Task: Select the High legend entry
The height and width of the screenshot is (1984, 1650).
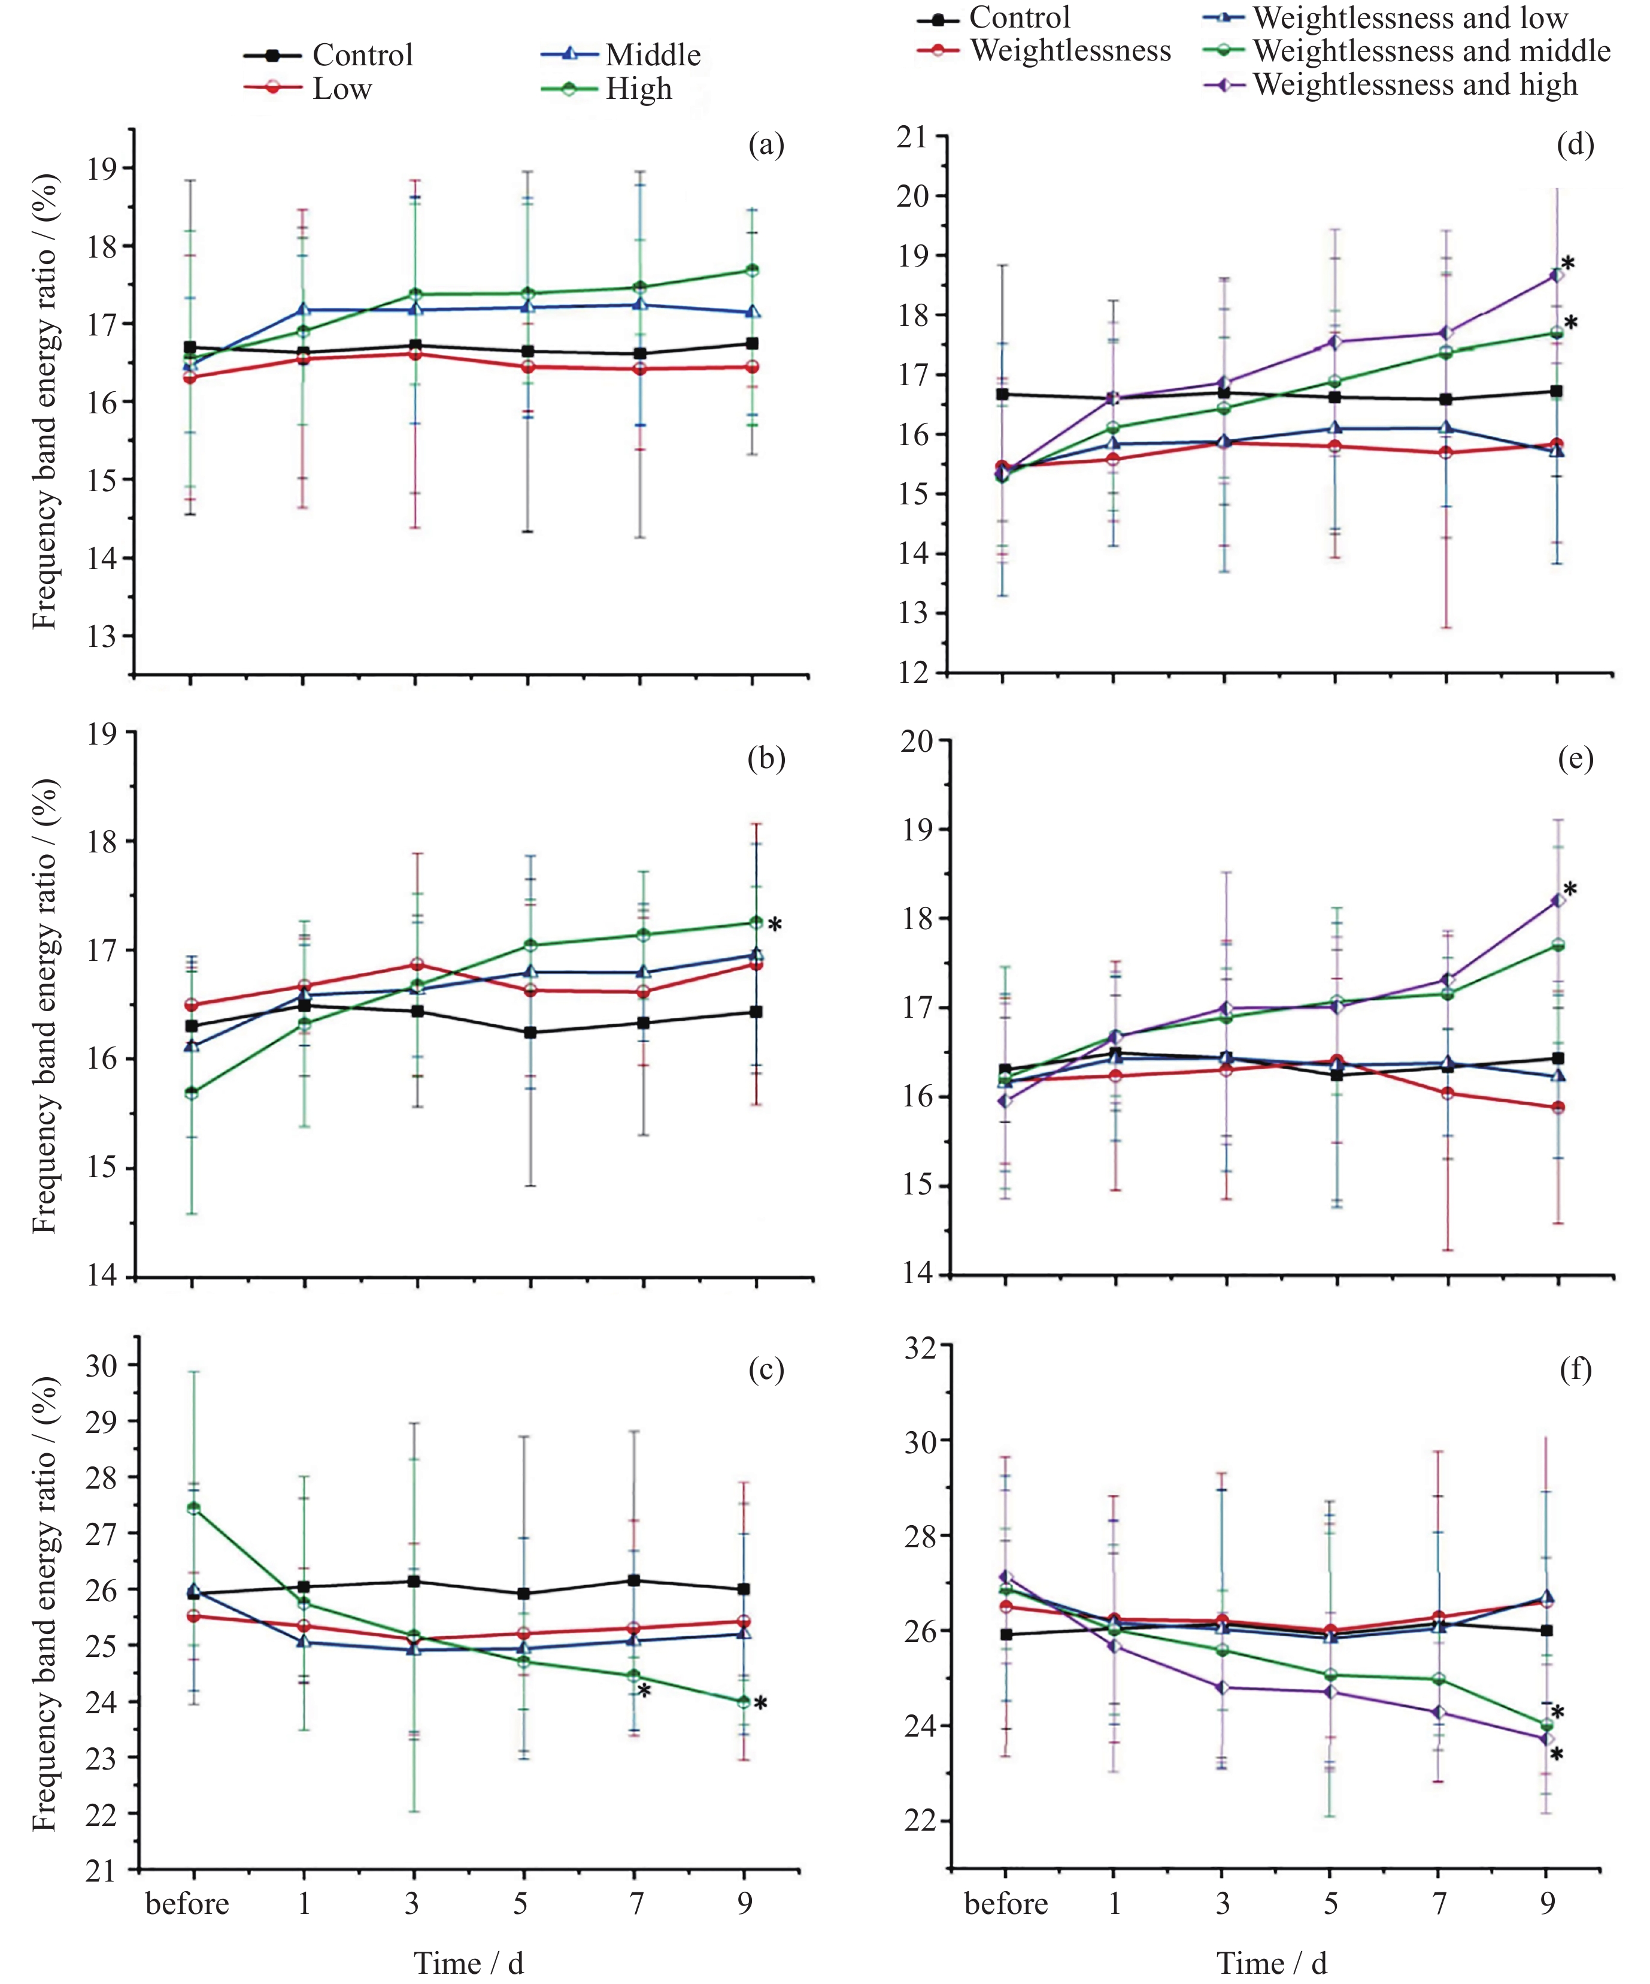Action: pos(638,89)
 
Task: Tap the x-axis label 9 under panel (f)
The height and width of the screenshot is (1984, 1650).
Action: pos(1547,1903)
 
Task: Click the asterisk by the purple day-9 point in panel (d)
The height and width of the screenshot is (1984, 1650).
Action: pos(1568,264)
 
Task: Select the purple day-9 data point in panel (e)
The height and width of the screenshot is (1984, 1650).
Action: pos(1557,900)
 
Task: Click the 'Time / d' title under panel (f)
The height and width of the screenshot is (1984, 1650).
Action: pos(1271,1963)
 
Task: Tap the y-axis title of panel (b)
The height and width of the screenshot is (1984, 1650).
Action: pos(44,1006)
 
